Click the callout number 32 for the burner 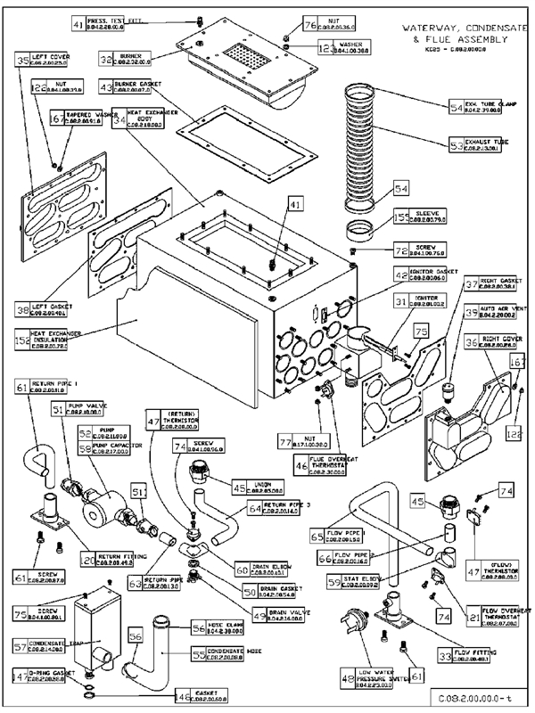(106, 60)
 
